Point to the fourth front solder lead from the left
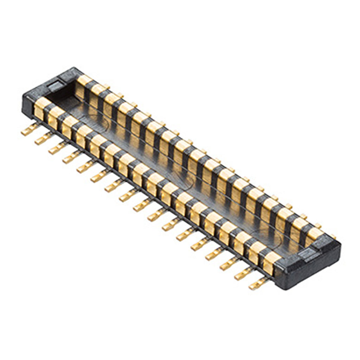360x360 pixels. (x=70, y=158)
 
